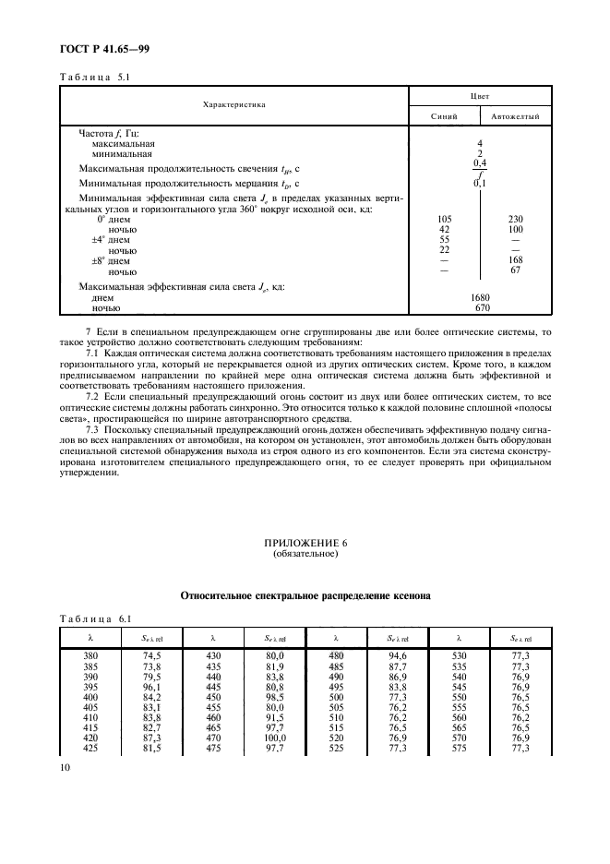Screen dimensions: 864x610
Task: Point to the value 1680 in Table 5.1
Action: click(480, 297)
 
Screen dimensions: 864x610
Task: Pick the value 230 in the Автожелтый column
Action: click(516, 219)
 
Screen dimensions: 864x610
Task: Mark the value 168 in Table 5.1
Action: click(516, 261)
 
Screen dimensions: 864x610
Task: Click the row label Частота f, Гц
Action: click(109, 134)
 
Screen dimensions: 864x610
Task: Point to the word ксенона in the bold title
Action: click(406, 597)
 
